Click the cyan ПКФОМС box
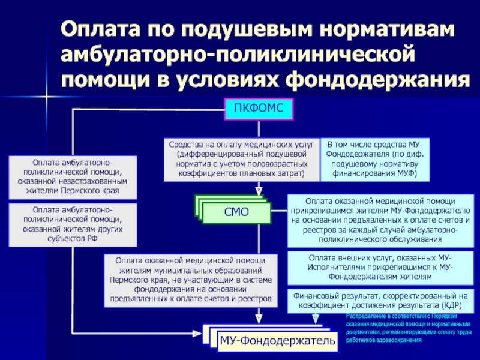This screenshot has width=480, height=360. coord(259,109)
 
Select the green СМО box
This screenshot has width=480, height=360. coord(236,212)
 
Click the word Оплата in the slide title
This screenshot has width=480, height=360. coord(100,29)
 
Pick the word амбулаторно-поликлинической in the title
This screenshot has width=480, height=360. coord(238,54)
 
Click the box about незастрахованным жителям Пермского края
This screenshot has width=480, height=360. coord(73,177)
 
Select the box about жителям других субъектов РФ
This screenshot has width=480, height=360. coord(73,224)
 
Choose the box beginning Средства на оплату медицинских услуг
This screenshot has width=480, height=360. coord(242,160)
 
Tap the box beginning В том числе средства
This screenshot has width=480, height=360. coord(374,160)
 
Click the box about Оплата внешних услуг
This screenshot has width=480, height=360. coord(380,268)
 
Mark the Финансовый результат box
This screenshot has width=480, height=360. coord(380,301)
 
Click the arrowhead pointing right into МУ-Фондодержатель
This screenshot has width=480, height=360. coord(197,334)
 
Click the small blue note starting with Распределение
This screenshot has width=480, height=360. coord(409,328)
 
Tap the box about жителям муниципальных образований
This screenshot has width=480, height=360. coord(191,280)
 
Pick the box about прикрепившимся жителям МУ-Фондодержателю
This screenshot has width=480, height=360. coord(380,220)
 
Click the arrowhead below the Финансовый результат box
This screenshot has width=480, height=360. coord(316,319)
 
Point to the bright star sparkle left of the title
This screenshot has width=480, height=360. coord(47,97)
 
